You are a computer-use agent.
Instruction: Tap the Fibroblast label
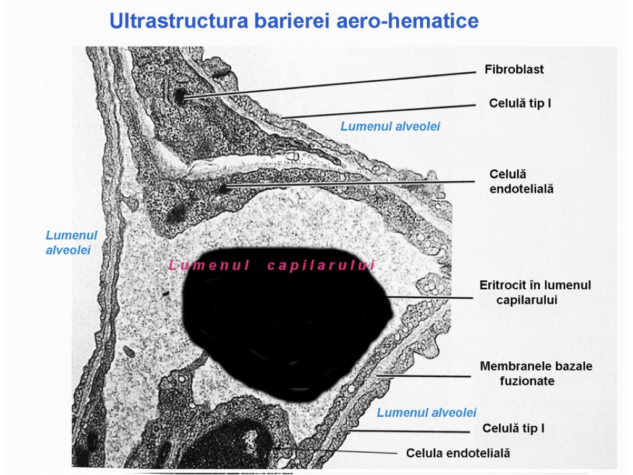coord(514,69)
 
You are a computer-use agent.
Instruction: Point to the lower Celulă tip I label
coord(513,428)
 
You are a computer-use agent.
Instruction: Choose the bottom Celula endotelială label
coord(458,453)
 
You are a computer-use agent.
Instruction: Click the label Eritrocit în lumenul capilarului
coord(535,293)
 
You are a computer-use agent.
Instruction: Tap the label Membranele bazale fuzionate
coord(536,374)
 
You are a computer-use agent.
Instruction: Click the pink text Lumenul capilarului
coord(272,266)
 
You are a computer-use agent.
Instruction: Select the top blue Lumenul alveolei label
coord(390,126)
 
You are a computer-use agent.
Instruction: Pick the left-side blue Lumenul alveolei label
coord(72,242)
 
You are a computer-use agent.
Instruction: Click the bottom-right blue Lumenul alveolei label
coord(427,413)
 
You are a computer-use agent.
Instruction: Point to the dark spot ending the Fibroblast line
coord(181,96)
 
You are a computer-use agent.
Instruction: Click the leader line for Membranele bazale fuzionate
coord(427,375)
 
